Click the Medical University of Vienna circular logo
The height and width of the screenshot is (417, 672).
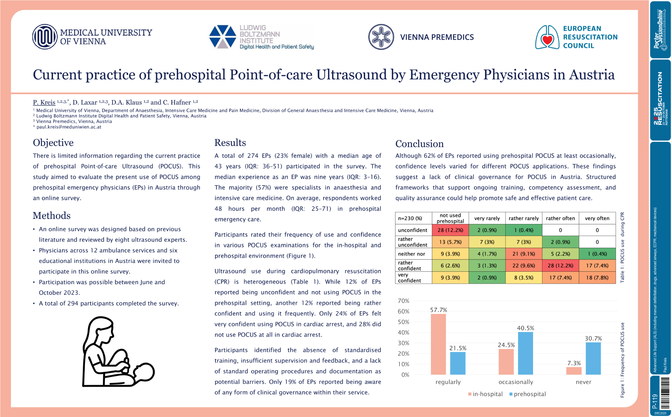[x=45, y=37]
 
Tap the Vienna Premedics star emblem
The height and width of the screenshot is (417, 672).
[x=381, y=37]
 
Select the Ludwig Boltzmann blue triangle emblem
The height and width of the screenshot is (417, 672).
[x=223, y=37]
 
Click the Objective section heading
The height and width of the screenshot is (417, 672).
[x=53, y=143]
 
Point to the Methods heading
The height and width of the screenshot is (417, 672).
[x=52, y=216]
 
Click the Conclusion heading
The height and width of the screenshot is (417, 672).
[x=419, y=144]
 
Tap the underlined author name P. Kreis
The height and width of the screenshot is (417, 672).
[x=44, y=102]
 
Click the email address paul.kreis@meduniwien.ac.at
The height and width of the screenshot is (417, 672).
[x=69, y=127]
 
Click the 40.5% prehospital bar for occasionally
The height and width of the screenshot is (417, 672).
[x=525, y=353]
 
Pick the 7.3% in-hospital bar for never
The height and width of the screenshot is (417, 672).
[x=574, y=371]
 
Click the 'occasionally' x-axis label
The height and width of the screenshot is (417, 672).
[x=516, y=382]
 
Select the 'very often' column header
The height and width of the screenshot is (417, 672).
[x=597, y=218]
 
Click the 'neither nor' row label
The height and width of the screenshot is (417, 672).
[x=412, y=254]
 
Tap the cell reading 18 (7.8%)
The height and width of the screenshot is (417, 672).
[x=597, y=278]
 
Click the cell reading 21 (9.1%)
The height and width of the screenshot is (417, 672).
[x=524, y=254]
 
